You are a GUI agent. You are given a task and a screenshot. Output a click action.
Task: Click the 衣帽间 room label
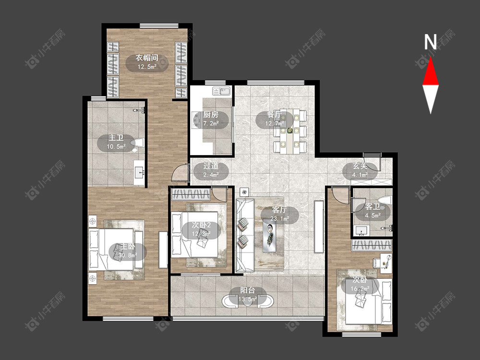pos(147,58)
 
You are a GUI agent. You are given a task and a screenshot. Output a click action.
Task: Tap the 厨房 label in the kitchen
pos(211,115)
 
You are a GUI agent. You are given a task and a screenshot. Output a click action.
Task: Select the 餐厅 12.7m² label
pos(274,120)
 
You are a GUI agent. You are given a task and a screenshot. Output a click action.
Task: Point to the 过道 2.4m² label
pos(211,170)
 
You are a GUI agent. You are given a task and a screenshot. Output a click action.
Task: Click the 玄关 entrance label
pos(360,166)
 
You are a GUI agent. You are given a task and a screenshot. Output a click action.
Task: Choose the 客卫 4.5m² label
pos(372,211)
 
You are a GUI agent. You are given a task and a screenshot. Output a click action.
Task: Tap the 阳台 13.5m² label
pos(247,295)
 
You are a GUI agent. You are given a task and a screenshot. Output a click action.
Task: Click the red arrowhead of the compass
pos(431,73)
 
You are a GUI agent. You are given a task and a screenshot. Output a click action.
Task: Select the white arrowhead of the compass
pos(431,98)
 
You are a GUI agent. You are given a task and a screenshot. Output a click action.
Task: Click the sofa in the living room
pos(245,235)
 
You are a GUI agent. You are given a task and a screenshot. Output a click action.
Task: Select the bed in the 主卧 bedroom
pos(111,250)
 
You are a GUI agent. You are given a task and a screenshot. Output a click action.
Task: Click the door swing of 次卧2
pos(220,193)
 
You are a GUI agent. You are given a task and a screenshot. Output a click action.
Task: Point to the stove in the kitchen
pos(196,120)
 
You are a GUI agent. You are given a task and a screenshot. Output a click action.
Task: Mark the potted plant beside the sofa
pos(244,192)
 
